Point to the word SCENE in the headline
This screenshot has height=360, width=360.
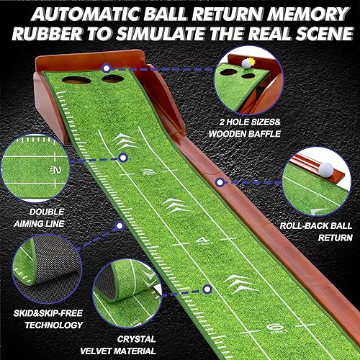click(x=320, y=35)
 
